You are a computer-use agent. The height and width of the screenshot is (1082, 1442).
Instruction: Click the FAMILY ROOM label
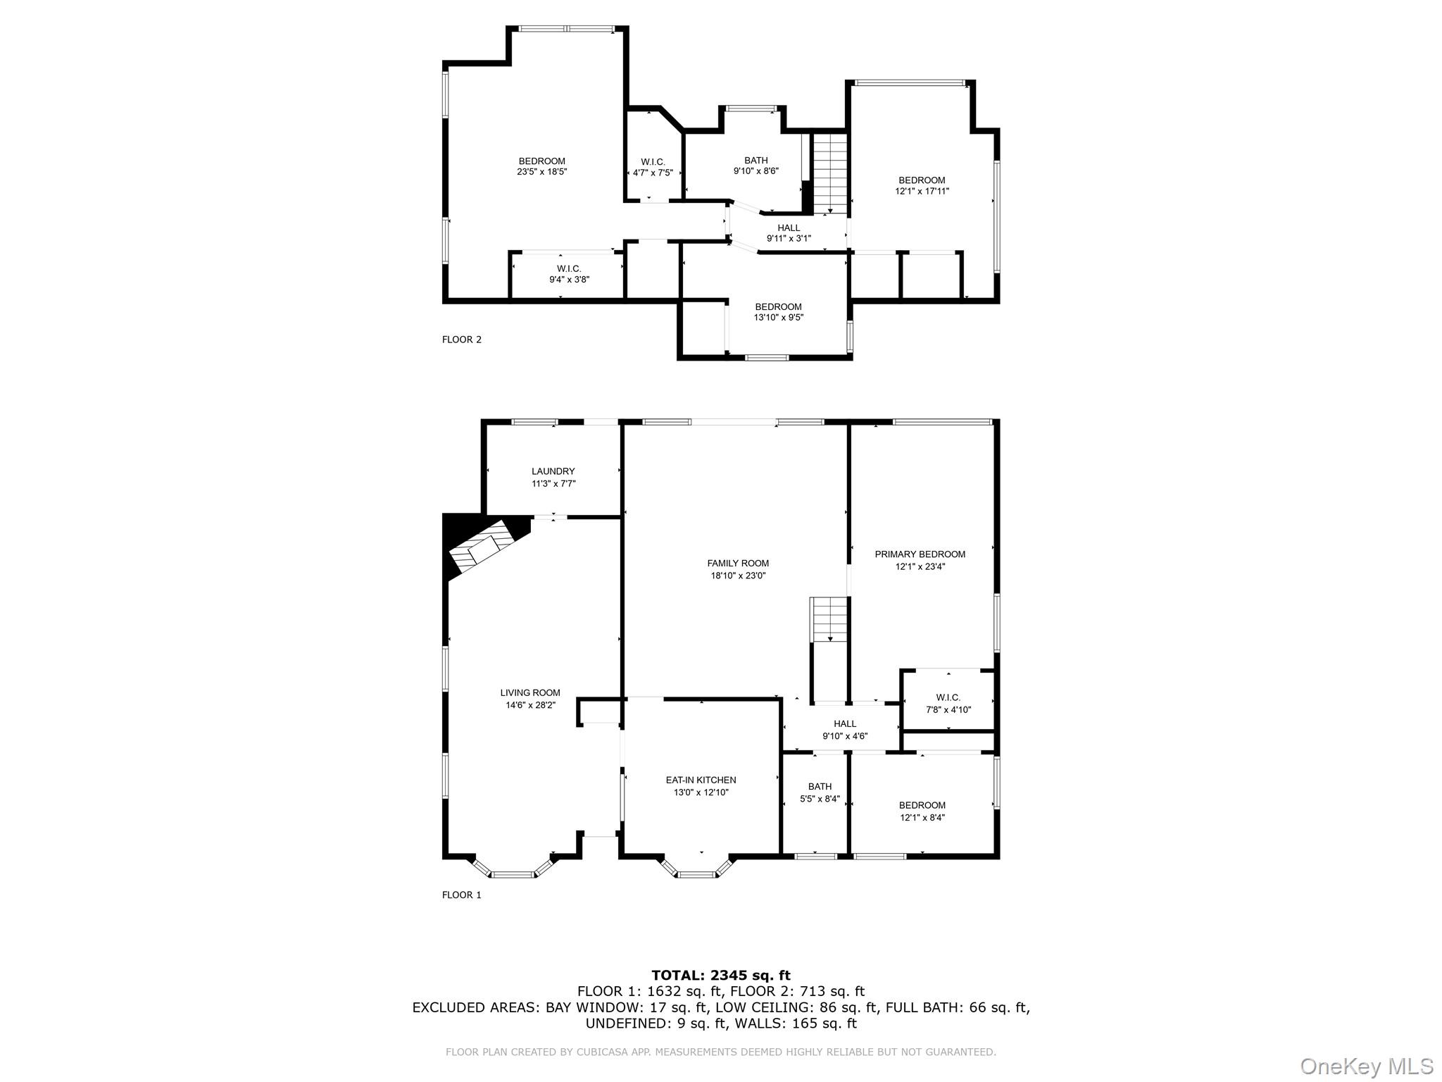738,563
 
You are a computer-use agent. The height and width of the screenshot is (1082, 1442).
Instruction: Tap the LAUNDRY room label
553,471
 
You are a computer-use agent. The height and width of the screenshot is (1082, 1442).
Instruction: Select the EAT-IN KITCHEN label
701,780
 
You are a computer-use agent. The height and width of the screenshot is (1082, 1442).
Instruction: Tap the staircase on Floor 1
830,618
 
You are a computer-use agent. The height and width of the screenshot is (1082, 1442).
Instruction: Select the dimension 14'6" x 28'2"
530,704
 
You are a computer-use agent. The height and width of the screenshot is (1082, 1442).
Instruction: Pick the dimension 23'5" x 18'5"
541,171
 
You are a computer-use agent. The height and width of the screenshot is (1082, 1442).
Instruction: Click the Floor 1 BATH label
820,786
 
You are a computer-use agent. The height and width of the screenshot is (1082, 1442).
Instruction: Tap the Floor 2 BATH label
756,160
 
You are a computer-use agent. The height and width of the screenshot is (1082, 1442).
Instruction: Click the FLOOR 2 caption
462,340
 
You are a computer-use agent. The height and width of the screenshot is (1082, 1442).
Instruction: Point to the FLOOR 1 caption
462,895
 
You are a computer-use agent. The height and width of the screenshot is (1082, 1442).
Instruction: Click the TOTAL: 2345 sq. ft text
721,975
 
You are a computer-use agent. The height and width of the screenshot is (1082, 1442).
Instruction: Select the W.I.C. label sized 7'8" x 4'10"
948,697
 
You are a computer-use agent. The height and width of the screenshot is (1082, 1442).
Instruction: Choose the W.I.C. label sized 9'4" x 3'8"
569,268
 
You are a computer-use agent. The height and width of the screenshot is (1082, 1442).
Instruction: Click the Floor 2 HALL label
789,228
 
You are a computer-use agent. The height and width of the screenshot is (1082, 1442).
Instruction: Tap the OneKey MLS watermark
1366,1066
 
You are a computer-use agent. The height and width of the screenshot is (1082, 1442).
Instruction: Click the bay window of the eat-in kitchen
696,871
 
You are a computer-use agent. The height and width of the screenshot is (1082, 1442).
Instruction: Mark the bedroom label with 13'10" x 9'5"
778,306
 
